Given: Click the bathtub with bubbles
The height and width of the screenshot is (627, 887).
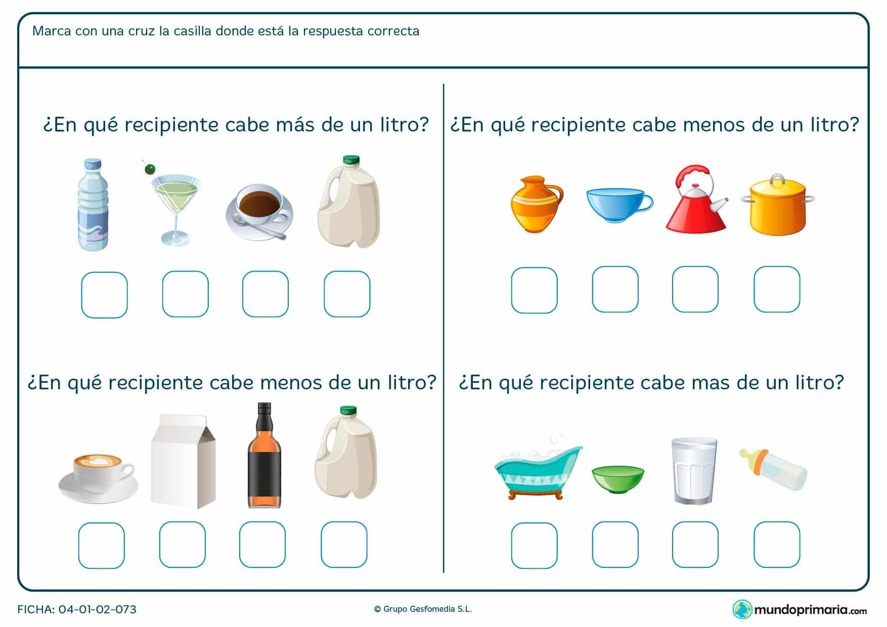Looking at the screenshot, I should point(538,473).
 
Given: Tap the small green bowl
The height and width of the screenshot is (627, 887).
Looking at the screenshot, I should point(617,479).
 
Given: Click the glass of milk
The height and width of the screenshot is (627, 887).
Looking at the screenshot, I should point(695,470).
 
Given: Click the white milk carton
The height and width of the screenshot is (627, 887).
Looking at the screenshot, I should point(183,461).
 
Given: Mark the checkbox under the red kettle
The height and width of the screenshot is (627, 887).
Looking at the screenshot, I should point(695,289).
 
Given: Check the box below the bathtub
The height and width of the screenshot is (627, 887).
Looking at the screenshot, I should point(534,545).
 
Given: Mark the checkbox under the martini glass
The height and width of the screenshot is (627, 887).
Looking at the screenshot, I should point(185,294).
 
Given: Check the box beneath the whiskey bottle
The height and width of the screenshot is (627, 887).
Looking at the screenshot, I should point(262,545).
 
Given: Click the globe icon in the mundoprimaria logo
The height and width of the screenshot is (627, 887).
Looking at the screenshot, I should point(742,609).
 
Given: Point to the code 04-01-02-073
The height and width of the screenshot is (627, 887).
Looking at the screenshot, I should point(97,609).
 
